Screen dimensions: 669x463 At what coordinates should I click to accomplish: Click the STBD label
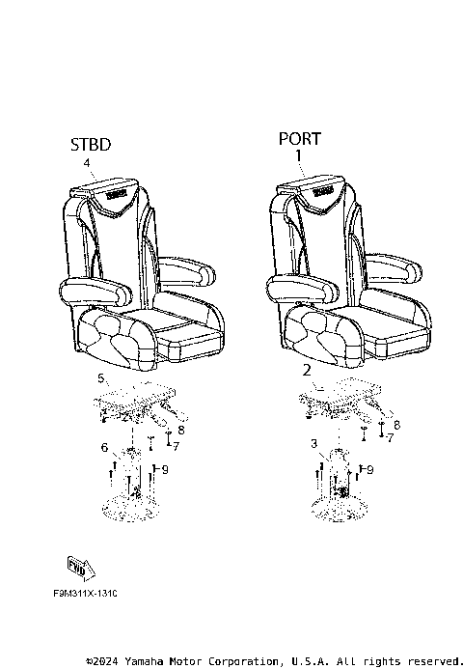coord(90,145)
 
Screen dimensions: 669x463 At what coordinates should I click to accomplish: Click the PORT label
coord(299,138)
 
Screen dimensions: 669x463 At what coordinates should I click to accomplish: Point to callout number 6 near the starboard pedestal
coord(104,448)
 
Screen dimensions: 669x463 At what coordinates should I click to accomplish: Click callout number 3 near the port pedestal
coord(313,443)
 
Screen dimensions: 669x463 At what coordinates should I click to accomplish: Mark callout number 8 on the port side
coord(396,424)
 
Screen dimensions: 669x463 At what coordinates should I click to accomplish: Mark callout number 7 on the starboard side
coord(177,445)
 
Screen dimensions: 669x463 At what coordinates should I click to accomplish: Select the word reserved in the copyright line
coord(434,660)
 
